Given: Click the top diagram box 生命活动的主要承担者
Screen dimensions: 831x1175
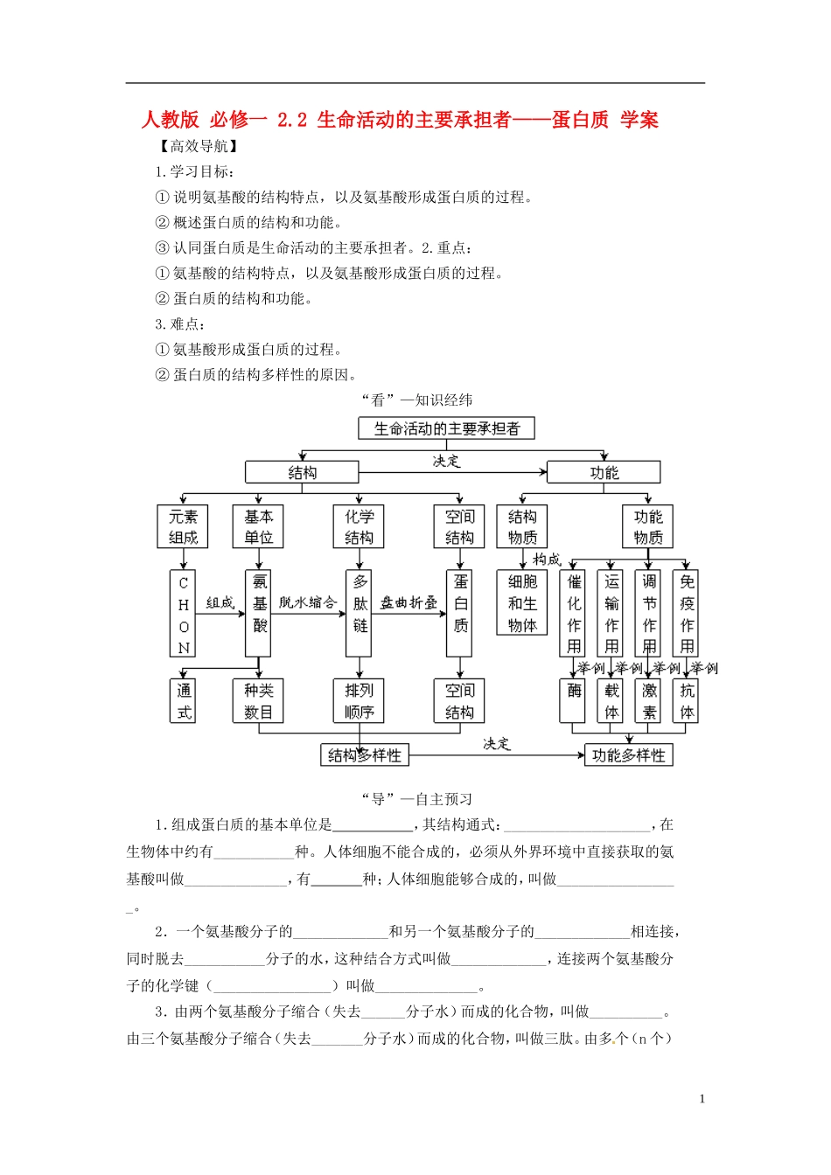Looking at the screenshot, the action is [446, 428].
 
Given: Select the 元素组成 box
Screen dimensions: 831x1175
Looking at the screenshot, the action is [183, 526].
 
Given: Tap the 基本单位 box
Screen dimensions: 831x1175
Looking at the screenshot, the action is [258, 526].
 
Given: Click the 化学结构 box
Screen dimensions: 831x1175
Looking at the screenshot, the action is [359, 526].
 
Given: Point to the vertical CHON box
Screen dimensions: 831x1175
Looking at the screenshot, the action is [183, 614].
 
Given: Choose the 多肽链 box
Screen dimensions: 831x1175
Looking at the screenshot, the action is [360, 614].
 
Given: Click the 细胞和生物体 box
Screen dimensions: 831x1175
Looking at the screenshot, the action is [522, 603].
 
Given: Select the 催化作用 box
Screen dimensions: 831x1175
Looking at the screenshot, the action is [573, 614].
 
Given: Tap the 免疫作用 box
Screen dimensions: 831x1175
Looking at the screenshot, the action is [687, 614].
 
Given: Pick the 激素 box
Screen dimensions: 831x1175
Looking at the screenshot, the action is [648, 700].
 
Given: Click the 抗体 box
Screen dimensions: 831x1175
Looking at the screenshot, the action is [687, 700].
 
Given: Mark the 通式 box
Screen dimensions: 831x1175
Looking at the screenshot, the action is [183, 700].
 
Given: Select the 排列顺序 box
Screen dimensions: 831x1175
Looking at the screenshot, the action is [359, 700].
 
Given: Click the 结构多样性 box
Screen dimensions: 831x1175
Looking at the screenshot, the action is [365, 754].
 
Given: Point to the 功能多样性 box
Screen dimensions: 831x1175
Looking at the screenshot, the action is [628, 754].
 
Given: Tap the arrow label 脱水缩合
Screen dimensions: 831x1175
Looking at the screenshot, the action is [308, 602].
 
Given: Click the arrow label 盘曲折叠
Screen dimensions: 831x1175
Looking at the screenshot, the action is [409, 602].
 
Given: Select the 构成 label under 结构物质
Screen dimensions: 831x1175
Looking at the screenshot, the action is [547, 559].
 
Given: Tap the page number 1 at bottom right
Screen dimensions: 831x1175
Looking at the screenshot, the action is [702, 1099].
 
